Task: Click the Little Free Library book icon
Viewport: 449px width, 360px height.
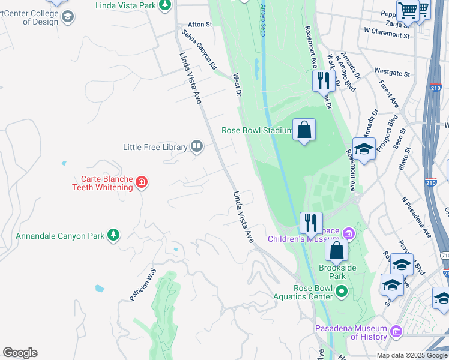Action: (x=196, y=146)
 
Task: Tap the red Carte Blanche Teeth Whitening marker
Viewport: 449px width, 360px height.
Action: (x=142, y=181)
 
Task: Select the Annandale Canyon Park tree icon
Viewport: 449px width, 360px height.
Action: (x=113, y=236)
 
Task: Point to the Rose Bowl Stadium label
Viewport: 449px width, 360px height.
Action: (x=256, y=130)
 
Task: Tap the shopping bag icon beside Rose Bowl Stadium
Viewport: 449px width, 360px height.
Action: (x=304, y=130)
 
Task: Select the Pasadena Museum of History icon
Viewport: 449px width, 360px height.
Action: (x=396, y=332)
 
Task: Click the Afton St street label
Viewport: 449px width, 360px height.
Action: (x=200, y=25)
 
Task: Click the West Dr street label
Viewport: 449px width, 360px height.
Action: (x=237, y=85)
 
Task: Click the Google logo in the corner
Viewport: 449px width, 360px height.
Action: (x=20, y=353)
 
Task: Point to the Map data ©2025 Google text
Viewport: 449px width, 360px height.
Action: (x=412, y=355)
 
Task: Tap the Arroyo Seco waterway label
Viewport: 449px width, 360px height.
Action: (x=263, y=18)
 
